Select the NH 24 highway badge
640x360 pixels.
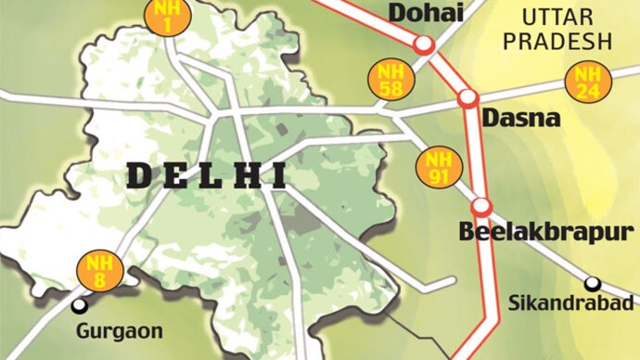(x=586, y=82)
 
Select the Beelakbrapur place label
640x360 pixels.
(x=547, y=231)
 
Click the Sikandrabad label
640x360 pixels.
(x=573, y=302)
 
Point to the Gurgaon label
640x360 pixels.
(x=119, y=330)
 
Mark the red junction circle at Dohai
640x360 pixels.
(x=424, y=45)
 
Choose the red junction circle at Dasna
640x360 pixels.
(x=467, y=96)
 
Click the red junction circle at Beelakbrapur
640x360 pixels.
(x=480, y=206)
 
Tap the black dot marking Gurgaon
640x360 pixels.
(x=82, y=304)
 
